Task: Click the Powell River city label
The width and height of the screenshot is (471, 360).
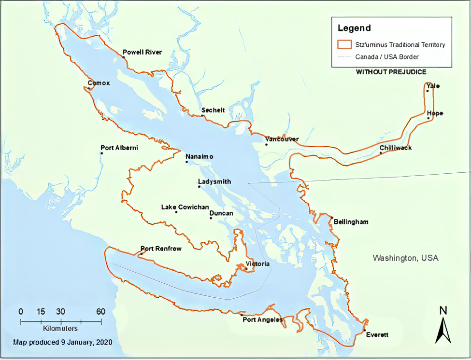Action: (x=143, y=52)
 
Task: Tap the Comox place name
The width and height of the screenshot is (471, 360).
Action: (x=99, y=83)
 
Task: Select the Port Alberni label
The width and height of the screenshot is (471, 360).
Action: (x=119, y=148)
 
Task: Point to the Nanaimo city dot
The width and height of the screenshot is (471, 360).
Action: (x=187, y=162)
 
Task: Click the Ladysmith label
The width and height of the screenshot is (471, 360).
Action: (x=214, y=182)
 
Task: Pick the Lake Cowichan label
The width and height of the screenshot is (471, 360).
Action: (x=178, y=207)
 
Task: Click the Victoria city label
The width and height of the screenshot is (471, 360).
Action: (x=257, y=264)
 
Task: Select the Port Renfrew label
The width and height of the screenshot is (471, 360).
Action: (x=161, y=249)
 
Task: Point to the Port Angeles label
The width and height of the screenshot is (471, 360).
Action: (x=262, y=319)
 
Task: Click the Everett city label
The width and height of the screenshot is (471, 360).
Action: (x=377, y=335)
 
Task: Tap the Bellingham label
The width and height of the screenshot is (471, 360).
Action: (x=351, y=222)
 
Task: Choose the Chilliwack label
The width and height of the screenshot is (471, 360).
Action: (x=396, y=148)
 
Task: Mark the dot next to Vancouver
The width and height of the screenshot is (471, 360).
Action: (x=266, y=144)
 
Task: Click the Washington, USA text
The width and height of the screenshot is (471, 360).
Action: (x=405, y=258)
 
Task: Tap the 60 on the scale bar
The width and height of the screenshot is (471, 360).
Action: (x=101, y=311)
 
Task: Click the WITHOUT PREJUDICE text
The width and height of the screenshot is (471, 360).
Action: (x=391, y=72)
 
